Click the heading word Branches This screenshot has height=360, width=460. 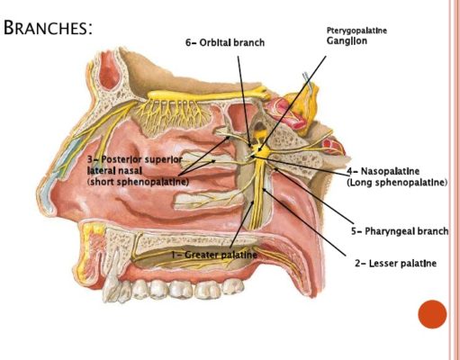pyautogui.click(x=48, y=28)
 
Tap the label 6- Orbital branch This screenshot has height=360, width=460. pyautogui.click(x=225, y=43)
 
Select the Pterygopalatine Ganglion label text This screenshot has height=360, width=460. pyautogui.click(x=356, y=35)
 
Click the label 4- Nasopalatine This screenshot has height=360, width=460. pyautogui.click(x=383, y=171)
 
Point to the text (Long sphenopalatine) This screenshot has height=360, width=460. pyautogui.click(x=397, y=183)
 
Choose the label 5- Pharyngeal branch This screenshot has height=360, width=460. pyautogui.click(x=400, y=231)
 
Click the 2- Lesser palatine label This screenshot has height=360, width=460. pyautogui.click(x=395, y=264)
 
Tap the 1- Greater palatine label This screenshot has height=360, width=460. pyautogui.click(x=214, y=255)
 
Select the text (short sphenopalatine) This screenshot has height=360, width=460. pyautogui.click(x=138, y=182)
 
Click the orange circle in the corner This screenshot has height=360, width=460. pyautogui.click(x=432, y=314)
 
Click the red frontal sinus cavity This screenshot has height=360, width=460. pyautogui.click(x=109, y=74)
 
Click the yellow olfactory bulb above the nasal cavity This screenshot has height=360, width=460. pyautogui.click(x=207, y=94)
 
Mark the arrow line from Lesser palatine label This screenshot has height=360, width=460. pyautogui.click(x=304, y=222)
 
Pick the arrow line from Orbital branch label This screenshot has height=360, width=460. pyautogui.click(x=244, y=102)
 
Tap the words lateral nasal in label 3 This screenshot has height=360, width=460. pyautogui.click(x=114, y=171)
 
